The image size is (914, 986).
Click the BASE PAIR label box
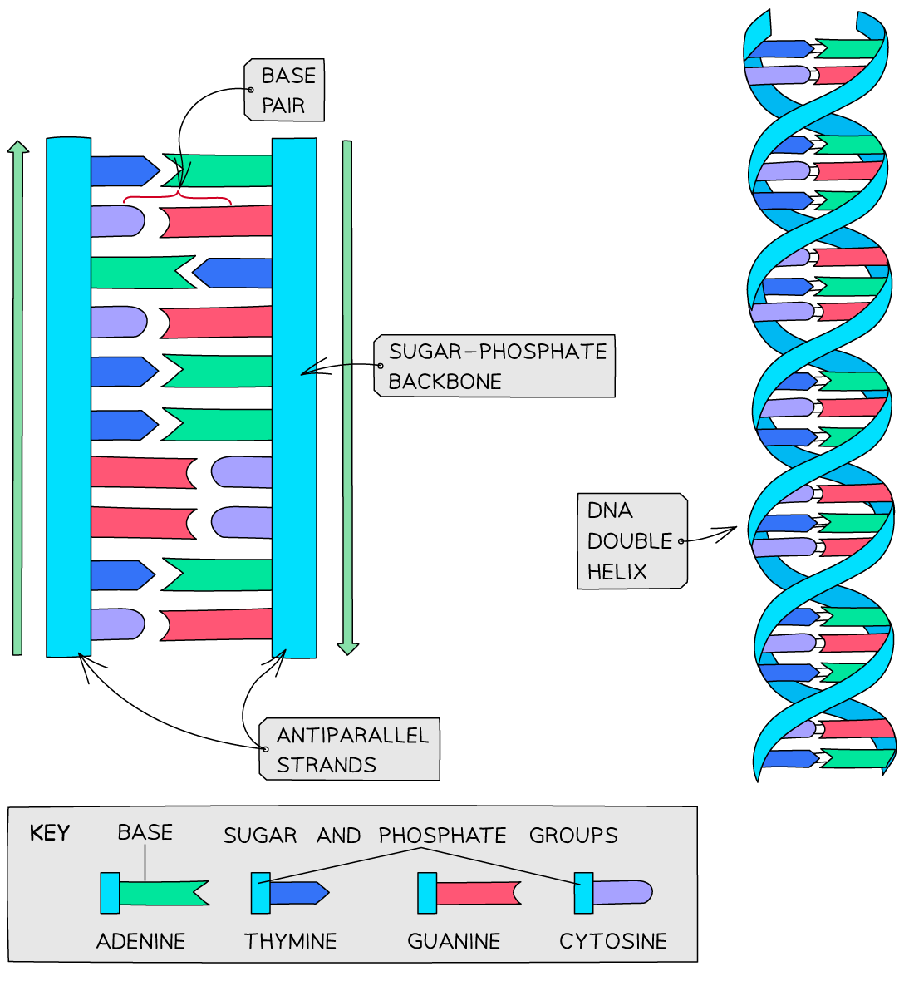(284, 90)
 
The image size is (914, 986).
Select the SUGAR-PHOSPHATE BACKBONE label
(495, 366)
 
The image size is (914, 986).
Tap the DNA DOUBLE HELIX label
(631, 541)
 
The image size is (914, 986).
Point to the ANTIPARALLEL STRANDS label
(350, 749)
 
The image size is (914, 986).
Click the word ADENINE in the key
(140, 941)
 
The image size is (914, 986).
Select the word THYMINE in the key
(290, 941)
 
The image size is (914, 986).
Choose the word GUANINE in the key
(454, 941)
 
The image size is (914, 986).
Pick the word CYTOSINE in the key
(612, 941)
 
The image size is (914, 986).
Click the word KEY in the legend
(49, 833)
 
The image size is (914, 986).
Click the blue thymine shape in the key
(297, 893)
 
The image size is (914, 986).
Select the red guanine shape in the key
(477, 893)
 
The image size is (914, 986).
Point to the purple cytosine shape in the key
(622, 893)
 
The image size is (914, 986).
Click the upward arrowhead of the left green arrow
(17, 147)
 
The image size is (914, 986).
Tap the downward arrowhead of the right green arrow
(348, 648)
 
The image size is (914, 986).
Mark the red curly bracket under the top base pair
(177, 198)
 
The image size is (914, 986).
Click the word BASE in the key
(145, 832)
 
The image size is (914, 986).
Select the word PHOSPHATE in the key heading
(442, 836)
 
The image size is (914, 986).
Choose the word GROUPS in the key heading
(573, 836)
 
